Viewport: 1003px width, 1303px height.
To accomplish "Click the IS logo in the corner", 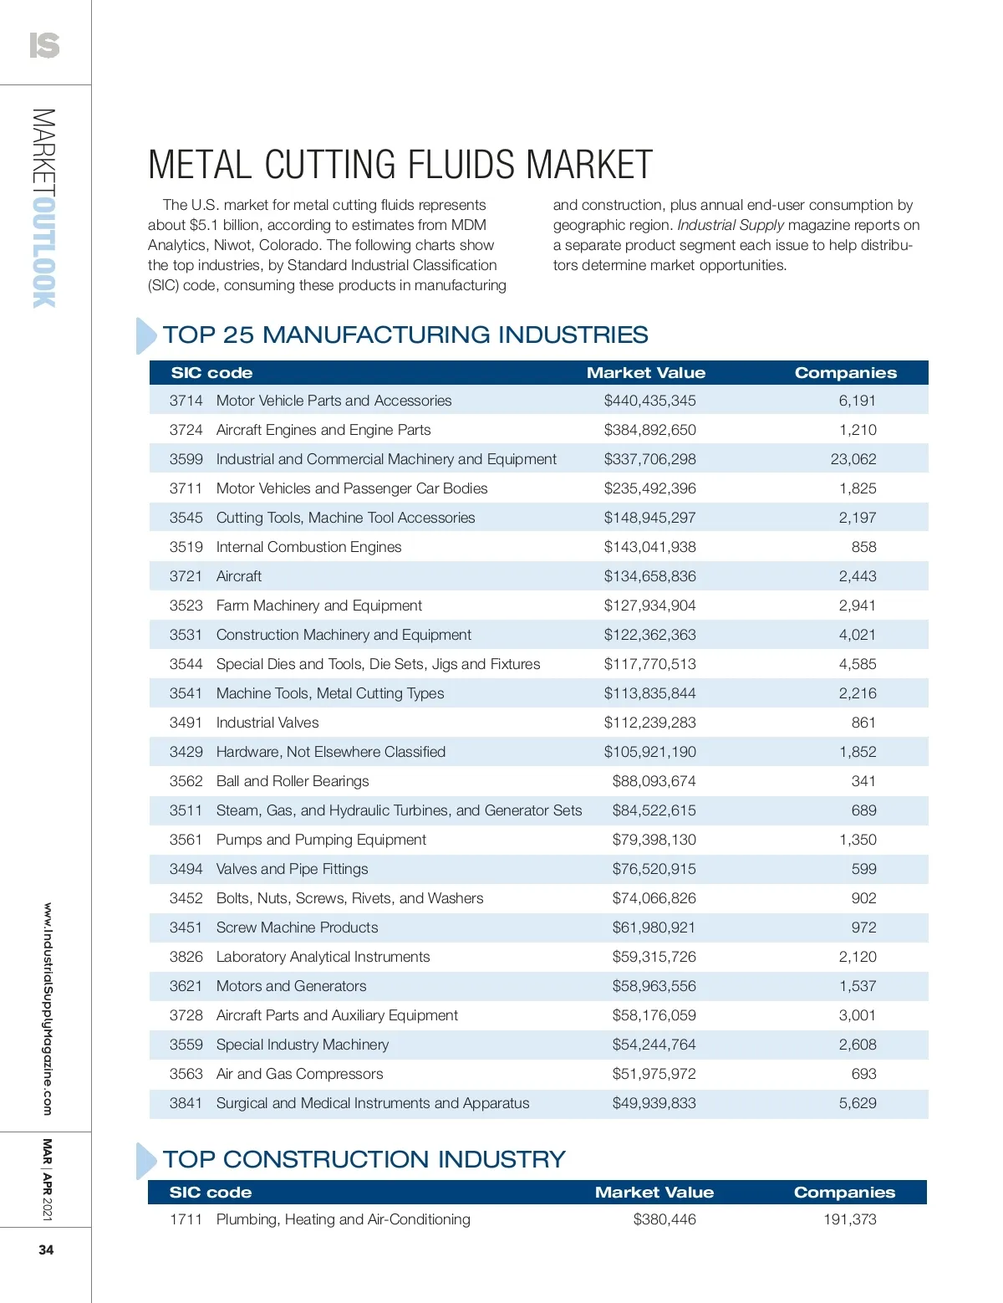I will tap(44, 44).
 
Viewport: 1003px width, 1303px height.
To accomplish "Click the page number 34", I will tap(46, 1249).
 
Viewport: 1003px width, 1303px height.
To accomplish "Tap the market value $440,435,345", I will tap(649, 401).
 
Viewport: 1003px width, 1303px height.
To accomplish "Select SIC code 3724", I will tap(186, 430).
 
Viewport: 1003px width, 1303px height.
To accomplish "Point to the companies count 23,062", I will tap(853, 459).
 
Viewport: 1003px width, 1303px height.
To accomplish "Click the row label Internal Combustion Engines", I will tap(308, 547).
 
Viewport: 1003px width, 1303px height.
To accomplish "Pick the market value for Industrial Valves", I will tap(649, 723).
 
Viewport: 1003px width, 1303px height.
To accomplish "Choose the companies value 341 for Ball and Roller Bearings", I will tap(863, 781).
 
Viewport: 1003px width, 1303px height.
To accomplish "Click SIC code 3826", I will tap(186, 957).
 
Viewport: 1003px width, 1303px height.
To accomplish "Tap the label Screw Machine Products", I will tap(297, 927).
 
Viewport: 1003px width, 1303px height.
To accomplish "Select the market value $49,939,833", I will tap(654, 1103).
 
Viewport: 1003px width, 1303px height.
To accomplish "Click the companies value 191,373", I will tap(849, 1219).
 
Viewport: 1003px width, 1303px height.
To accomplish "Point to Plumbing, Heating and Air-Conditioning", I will tap(343, 1219).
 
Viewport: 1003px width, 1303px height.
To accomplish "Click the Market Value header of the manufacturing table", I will tap(645, 373).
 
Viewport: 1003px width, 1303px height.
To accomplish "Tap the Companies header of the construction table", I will tap(844, 1193).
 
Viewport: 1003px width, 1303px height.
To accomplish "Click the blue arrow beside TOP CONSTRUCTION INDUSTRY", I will tap(145, 1161).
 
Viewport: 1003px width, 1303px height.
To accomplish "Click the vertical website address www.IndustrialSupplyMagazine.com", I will tap(48, 1009).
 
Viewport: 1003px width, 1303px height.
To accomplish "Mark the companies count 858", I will tap(863, 547).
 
